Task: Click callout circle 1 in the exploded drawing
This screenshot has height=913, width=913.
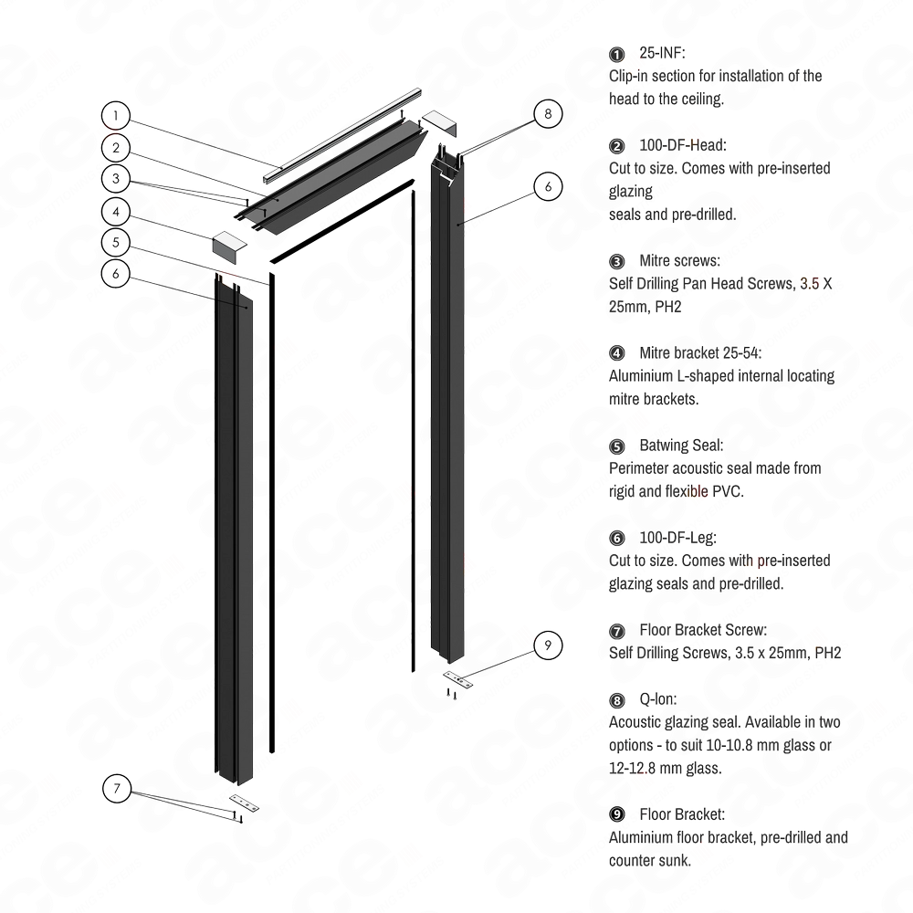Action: coord(117,116)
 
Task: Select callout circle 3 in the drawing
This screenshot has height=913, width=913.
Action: coord(117,178)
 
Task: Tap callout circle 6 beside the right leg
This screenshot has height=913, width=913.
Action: coord(548,186)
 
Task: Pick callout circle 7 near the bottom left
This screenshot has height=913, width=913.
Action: coord(117,786)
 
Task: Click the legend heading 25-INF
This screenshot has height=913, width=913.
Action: coord(663,54)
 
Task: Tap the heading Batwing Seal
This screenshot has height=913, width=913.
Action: coord(681,446)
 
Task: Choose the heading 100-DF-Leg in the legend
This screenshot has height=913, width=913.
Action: coord(679,538)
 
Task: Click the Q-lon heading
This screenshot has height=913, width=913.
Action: coord(658,699)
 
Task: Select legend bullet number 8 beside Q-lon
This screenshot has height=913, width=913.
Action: coord(618,699)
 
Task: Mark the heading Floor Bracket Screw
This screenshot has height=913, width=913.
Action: coord(704,630)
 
